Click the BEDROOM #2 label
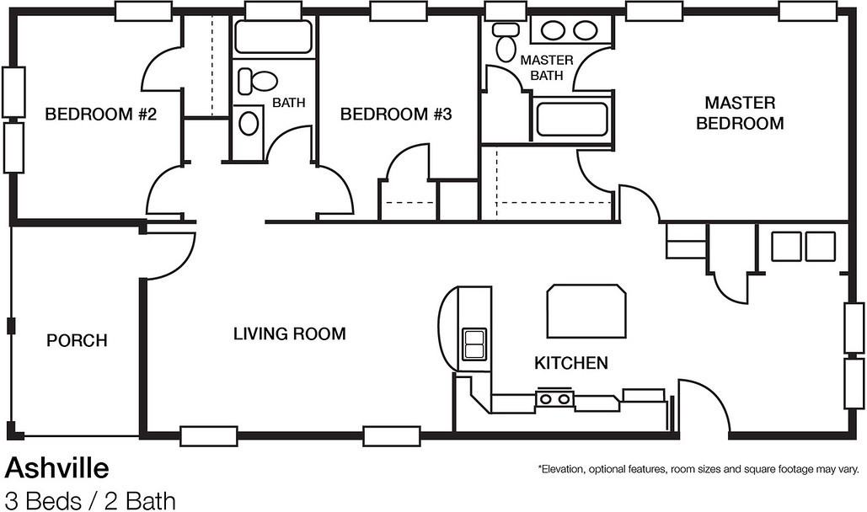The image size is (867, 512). coord(100,115)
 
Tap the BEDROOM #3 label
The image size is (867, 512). coord(396,115)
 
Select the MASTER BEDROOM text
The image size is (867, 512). coord(740,113)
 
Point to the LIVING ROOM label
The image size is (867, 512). coord(289,334)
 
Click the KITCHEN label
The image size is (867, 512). coord(571,363)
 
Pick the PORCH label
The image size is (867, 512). coord(77,340)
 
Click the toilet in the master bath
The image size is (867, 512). coord(504,41)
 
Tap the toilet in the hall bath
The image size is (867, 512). coord(257,82)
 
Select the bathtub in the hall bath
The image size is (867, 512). coord(273,37)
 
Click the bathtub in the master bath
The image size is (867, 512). coord(572,120)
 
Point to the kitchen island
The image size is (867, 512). coord(586,312)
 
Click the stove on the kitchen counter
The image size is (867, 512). coord(554,398)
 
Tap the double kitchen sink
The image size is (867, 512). coord(474,344)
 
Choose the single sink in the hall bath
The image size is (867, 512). coord(249,123)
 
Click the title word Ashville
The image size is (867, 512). coord(57,469)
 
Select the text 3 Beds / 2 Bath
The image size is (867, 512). coord(90,502)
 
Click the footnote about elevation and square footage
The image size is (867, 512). coord(698,469)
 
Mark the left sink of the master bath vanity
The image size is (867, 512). coord(553,30)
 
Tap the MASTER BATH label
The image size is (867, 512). coord(546,67)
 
